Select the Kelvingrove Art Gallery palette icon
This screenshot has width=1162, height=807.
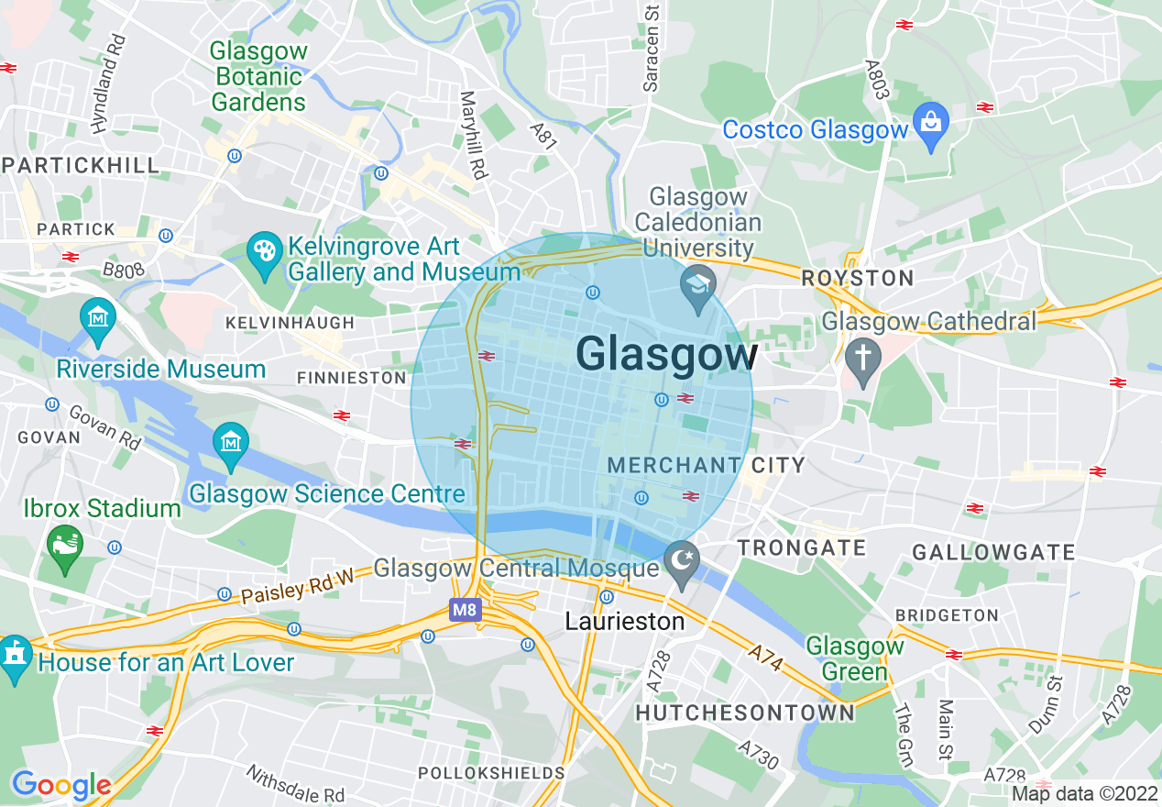[x=265, y=250]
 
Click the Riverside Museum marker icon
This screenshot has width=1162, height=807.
[x=97, y=318]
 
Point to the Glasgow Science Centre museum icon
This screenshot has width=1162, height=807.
[x=230, y=443]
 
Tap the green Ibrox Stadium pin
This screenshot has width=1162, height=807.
[x=65, y=545]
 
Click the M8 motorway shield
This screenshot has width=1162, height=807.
[x=465, y=608]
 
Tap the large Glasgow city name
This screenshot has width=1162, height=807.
[x=667, y=355]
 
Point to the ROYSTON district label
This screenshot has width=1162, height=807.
[x=858, y=278]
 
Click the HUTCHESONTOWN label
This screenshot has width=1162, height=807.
[x=745, y=713]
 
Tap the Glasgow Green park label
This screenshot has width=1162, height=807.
[x=855, y=658]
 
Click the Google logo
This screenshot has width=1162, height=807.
[x=60, y=785]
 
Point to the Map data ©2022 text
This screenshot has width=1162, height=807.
[x=1085, y=794]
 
